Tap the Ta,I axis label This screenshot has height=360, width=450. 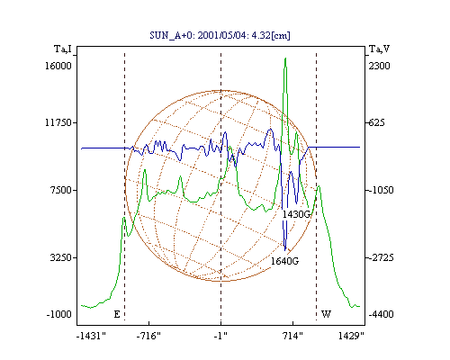[63, 49]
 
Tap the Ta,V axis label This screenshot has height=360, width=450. [380, 49]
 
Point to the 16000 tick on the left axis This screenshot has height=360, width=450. [58, 66]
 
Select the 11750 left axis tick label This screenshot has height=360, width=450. [58, 122]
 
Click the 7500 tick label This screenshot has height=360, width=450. [61, 190]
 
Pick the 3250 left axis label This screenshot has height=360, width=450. [61, 257]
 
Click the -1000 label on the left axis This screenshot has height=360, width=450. [59, 314]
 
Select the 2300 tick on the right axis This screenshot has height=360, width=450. [379, 66]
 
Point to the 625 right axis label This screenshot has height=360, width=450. [376, 122]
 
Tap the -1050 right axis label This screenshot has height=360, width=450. [381, 190]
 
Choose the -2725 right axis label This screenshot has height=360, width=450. [381, 257]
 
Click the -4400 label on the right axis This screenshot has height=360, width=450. [381, 314]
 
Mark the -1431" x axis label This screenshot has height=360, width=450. [91, 336]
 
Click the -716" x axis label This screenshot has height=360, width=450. [148, 336]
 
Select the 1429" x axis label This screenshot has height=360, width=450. [351, 336]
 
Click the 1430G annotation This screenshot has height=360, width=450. [296, 214]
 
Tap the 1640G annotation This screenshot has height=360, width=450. [284, 261]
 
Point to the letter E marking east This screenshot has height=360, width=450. [117, 314]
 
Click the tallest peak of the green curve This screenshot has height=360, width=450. [285, 58]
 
